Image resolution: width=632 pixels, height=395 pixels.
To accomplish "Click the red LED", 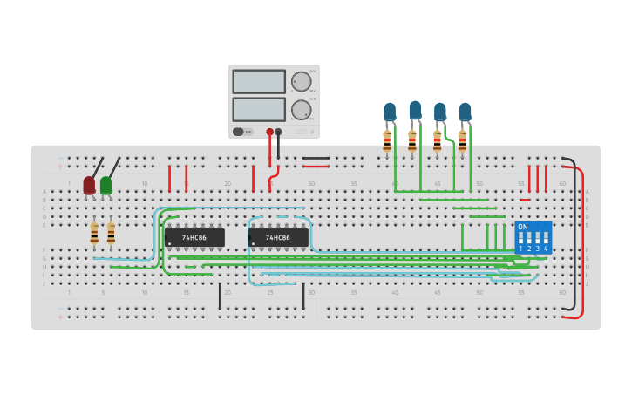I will point(89,185).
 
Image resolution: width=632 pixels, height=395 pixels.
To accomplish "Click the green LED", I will point(105,185).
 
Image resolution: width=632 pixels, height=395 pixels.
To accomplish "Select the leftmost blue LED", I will point(390,112).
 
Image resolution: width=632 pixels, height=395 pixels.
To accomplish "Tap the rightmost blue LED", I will point(466,112).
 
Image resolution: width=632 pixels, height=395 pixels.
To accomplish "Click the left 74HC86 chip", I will point(194,237).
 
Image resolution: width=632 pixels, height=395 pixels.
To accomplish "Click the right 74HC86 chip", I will point(278,237).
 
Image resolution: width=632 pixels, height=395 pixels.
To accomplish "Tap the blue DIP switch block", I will point(533,237).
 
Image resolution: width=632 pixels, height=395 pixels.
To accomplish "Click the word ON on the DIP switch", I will point(523,227).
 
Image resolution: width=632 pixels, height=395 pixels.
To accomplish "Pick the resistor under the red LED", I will point(94,234).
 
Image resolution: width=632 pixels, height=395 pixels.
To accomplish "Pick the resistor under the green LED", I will point(111,234).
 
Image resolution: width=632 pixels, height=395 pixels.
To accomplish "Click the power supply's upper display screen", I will point(259,82).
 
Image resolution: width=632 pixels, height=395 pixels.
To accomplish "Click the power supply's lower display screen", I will point(259,109).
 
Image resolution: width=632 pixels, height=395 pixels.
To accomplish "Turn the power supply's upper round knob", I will point(302,82).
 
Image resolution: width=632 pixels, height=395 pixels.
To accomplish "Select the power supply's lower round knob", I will point(302,110).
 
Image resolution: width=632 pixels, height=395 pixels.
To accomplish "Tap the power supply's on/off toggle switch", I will point(239,132).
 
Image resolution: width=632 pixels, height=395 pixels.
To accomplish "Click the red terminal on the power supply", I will point(269,132).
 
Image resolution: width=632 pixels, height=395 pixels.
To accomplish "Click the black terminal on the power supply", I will point(279,132).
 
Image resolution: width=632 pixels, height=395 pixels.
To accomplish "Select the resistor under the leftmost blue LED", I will point(387,141).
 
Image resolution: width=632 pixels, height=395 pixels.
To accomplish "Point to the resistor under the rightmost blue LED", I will point(462,141).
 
